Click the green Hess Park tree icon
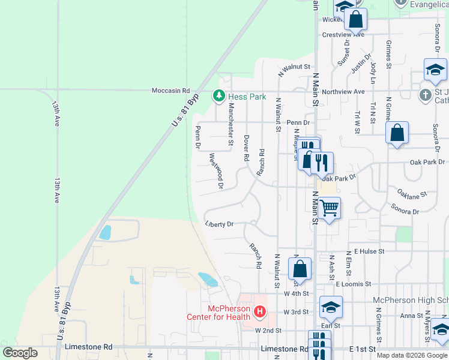coord(219,96)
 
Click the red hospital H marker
coord(260,311)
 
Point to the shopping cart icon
coord(330,209)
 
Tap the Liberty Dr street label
coord(218,224)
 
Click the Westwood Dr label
coord(216,171)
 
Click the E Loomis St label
coord(354,283)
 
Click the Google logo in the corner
coord(20,353)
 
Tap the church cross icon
coord(424,95)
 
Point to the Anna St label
coord(411,316)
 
